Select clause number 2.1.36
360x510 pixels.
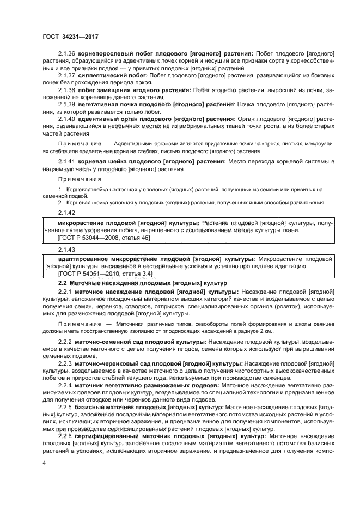tap(66, 54)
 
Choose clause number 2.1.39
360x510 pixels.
tap(66, 104)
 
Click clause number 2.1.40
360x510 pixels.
tap(66, 118)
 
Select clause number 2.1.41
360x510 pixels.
tap(66, 162)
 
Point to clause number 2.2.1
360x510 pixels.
tap(65, 292)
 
